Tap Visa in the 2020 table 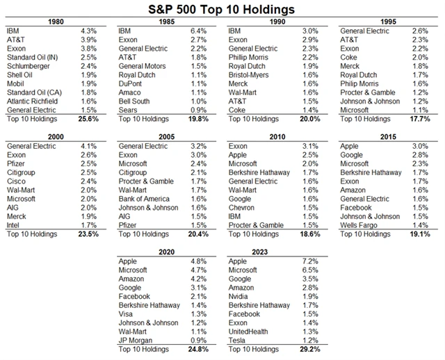coord(127,313)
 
